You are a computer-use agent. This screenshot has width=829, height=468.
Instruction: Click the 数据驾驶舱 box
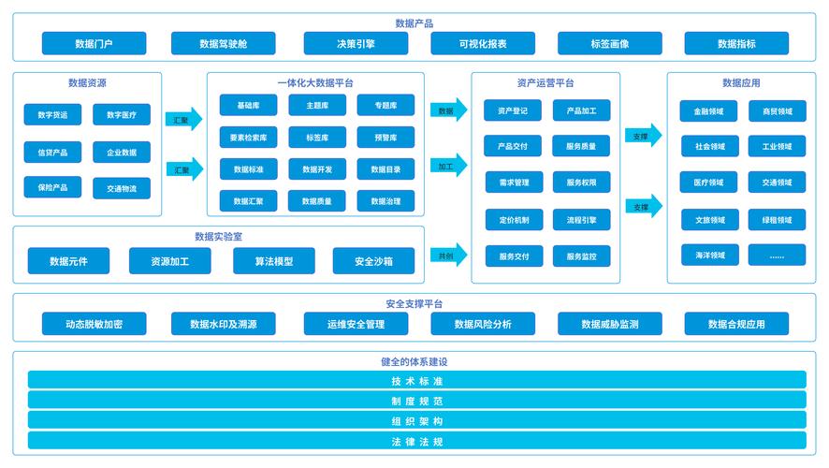pyautogui.click(x=223, y=43)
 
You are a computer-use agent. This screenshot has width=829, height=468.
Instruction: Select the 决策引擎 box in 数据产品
pyautogui.click(x=356, y=43)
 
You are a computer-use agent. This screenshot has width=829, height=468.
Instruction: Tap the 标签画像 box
pyautogui.click(x=610, y=43)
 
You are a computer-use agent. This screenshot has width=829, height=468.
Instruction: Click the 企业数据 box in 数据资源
pyautogui.click(x=122, y=153)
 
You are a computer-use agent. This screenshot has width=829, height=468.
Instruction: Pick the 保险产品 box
pyautogui.click(x=53, y=187)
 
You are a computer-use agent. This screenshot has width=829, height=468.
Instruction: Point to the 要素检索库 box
pyautogui.click(x=249, y=138)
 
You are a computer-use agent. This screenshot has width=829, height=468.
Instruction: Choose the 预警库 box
pyautogui.click(x=385, y=138)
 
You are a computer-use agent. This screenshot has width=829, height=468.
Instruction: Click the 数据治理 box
pyautogui.click(x=385, y=201)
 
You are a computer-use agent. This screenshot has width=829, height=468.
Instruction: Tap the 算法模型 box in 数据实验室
pyautogui.click(x=274, y=261)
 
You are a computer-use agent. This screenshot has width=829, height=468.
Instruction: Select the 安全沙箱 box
pyautogui.click(x=373, y=261)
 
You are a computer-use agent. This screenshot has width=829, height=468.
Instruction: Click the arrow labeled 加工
pyautogui.click(x=449, y=166)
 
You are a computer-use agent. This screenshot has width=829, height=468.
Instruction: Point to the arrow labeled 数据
pyautogui.click(x=449, y=110)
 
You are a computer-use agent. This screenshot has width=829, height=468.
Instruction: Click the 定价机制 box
pyautogui.click(x=514, y=220)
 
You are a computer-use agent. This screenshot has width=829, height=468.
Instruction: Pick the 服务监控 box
pyautogui.click(x=582, y=256)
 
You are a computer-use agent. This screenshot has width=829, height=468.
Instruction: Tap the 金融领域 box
pyautogui.click(x=708, y=111)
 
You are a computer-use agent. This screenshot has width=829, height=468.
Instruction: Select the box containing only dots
pyautogui.click(x=778, y=256)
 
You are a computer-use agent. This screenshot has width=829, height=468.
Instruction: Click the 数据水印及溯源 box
pyautogui.click(x=223, y=324)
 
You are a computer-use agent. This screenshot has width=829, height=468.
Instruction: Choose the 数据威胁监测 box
pyautogui.click(x=610, y=324)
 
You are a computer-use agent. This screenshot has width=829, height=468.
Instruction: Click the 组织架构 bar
pyautogui.click(x=417, y=421)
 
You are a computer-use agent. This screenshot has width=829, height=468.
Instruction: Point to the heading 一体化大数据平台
pyautogui.click(x=315, y=83)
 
